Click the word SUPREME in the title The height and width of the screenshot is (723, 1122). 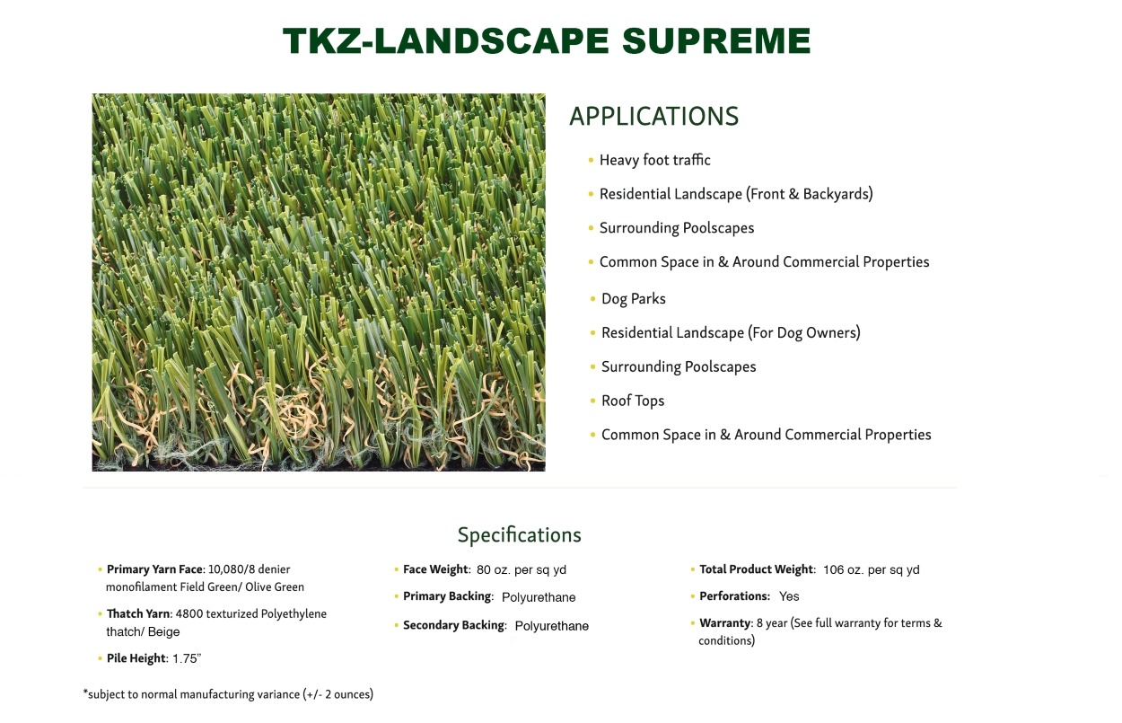[x=716, y=40]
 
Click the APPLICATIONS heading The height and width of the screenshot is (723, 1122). [x=653, y=116]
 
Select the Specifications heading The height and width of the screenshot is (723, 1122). [x=520, y=535]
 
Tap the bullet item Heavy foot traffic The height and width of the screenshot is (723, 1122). [x=654, y=160]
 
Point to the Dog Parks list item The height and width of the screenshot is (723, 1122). [x=633, y=298]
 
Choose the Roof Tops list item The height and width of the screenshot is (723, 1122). [x=633, y=401]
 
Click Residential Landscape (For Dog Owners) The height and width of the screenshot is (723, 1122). [x=731, y=332]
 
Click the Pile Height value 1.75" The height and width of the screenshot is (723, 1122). [x=187, y=658]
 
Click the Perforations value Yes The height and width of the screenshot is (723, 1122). [x=789, y=596]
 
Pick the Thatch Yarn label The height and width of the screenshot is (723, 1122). [x=139, y=613]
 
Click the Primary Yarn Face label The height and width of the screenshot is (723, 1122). [x=155, y=569]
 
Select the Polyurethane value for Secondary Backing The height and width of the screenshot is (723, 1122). [x=551, y=626]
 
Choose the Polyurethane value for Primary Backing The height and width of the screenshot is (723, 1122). [x=539, y=597]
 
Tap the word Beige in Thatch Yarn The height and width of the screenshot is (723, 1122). [x=163, y=631]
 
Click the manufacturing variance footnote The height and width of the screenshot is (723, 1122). [x=228, y=694]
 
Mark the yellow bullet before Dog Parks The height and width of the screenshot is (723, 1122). [x=592, y=299]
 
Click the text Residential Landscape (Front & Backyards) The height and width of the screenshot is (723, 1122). [x=736, y=194]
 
